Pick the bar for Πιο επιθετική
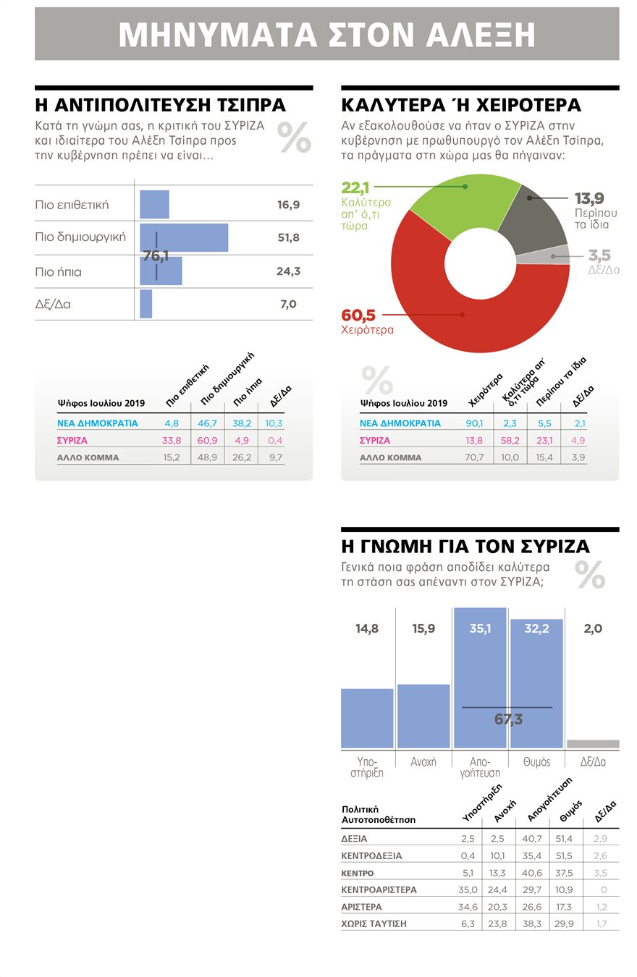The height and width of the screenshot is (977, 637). (x=154, y=205)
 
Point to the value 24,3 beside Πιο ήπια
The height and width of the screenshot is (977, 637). (x=288, y=272)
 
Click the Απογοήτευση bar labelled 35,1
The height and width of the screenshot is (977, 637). (x=479, y=680)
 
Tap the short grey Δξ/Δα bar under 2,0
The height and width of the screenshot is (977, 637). (x=593, y=744)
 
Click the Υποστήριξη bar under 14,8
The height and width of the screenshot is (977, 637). (x=367, y=718)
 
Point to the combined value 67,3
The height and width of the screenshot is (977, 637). (x=508, y=719)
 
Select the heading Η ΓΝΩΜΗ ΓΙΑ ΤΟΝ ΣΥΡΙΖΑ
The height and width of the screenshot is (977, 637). (x=465, y=546)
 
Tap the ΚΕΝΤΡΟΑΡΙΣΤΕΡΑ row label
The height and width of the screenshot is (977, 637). (x=379, y=890)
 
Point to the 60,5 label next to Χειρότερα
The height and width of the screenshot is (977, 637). (x=358, y=316)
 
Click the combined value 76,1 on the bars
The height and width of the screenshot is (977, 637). (x=156, y=255)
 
